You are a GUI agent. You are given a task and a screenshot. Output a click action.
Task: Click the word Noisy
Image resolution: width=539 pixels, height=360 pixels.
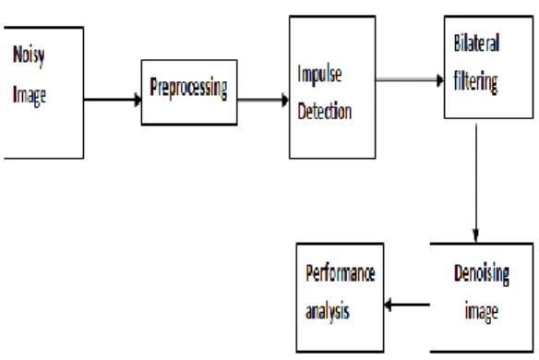click(29, 56)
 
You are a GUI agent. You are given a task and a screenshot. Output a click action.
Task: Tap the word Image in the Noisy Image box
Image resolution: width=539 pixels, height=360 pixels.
click(30, 95)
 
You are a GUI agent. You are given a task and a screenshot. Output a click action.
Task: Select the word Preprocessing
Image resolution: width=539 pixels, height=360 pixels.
click(188, 89)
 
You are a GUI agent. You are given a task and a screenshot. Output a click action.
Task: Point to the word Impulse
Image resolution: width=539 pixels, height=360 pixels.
click(319, 74)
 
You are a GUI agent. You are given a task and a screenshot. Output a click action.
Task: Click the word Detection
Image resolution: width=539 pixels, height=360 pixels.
click(325, 111)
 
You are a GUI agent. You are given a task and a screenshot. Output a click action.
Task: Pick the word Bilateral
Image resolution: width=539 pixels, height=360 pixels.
click(477, 42)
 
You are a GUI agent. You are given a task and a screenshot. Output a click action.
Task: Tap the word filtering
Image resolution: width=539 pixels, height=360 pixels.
click(475, 82)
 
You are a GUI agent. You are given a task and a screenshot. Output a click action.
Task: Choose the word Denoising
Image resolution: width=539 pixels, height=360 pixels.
click(482, 274)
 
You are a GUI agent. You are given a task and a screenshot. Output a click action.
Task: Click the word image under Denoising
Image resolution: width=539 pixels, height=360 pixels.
click(481, 311)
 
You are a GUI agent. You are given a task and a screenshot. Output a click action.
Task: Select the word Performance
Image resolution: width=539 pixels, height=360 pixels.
click(341, 273)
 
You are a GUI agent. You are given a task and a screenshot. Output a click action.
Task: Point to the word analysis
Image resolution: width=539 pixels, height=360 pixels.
click(328, 312)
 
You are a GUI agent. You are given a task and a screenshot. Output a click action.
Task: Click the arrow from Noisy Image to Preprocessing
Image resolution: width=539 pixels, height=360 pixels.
click(113, 100)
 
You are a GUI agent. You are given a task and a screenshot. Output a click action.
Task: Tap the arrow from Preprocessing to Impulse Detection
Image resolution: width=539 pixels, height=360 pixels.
click(263, 100)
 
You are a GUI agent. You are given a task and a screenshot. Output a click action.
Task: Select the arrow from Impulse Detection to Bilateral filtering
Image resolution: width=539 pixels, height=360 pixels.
click(410, 80)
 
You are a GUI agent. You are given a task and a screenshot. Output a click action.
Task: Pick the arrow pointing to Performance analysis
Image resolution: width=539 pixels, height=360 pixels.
click(407, 305)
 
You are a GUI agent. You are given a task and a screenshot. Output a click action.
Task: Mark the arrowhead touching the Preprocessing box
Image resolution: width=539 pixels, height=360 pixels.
click(138, 100)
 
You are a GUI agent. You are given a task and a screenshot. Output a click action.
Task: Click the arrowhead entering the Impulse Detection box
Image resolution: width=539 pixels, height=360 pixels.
click(285, 100)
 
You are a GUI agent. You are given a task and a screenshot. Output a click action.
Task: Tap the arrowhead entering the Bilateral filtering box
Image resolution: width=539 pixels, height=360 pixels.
click(440, 80)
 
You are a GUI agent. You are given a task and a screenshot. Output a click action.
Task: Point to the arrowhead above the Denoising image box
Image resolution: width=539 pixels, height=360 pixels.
click(476, 235)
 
